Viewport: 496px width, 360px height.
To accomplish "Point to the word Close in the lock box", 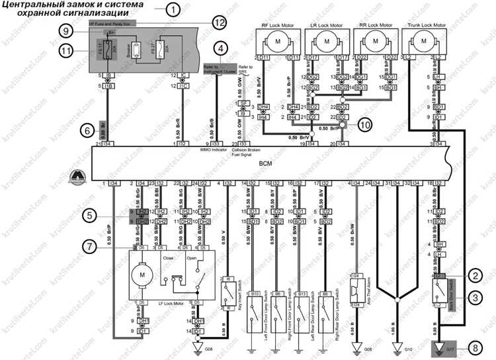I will click(169, 257).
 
